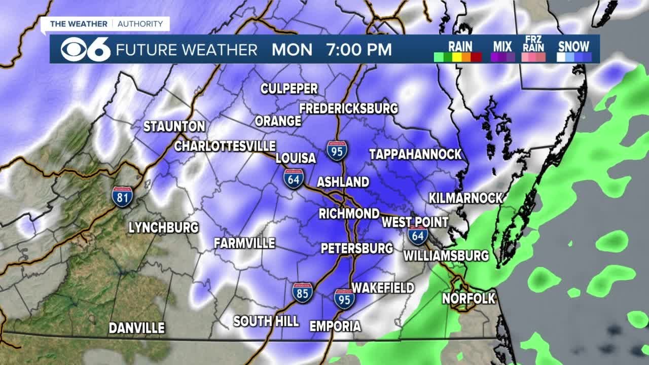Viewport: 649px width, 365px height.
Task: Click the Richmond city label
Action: tap(349, 213)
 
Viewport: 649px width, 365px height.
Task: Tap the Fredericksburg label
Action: tap(348, 108)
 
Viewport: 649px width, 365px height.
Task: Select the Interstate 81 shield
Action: tap(122, 196)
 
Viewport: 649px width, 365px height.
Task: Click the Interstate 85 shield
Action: tap(302, 293)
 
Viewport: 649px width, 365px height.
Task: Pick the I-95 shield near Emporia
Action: tap(344, 299)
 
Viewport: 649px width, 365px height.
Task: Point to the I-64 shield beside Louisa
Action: tap(294, 179)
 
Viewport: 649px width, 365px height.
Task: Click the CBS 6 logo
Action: tap(85, 49)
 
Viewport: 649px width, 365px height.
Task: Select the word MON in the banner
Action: tap(292, 50)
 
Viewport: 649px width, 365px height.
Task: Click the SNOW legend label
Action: tap(573, 46)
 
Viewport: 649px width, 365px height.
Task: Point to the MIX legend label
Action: tap(502, 46)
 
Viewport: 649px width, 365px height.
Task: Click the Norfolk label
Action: tap(468, 298)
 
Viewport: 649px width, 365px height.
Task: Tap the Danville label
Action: tap(137, 328)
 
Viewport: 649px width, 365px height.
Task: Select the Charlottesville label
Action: tap(225, 146)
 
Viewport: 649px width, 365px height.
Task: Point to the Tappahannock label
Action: tap(415, 154)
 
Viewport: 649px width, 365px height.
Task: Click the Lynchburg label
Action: tap(163, 228)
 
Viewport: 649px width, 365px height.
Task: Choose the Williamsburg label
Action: tap(446, 255)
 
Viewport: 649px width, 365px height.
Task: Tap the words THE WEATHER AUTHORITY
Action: tap(106, 24)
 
